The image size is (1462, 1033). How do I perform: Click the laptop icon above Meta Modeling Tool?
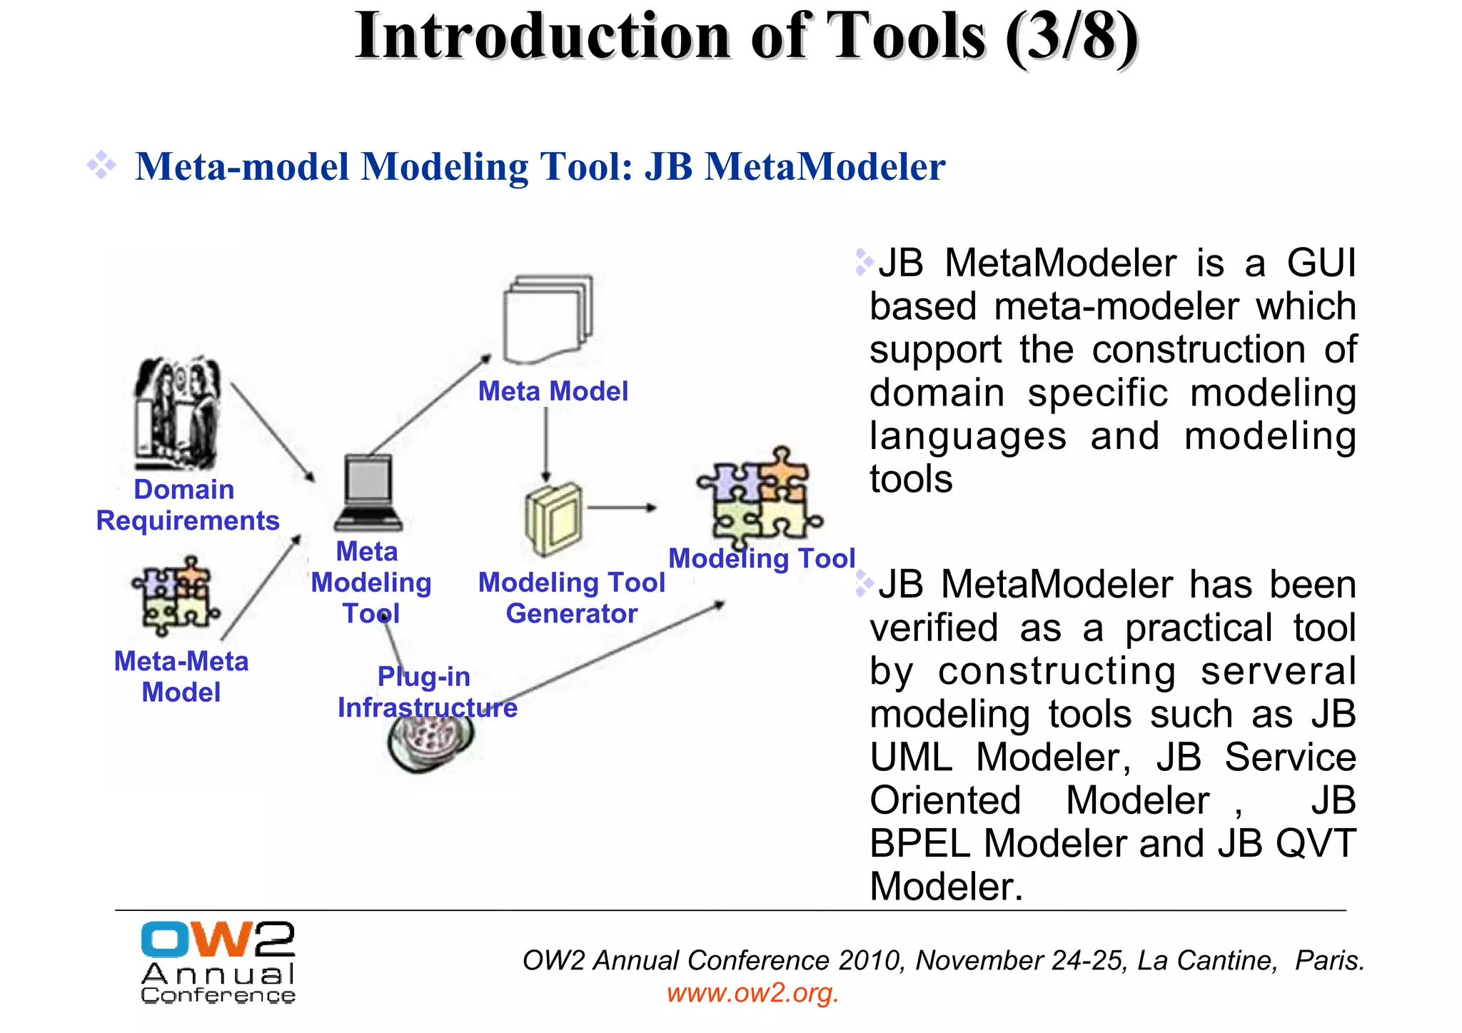[368, 493]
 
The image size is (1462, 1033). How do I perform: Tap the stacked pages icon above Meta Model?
[548, 320]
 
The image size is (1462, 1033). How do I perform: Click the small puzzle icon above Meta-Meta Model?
[176, 597]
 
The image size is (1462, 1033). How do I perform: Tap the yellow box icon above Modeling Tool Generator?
[553, 520]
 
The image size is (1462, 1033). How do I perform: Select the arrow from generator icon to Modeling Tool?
[621, 508]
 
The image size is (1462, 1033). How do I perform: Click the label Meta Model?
[553, 391]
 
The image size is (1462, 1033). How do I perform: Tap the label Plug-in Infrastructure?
[427, 692]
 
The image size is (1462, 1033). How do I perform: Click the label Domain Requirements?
[187, 505]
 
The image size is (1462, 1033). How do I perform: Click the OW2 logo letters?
[218, 939]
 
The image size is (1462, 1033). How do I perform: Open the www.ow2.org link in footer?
[752, 993]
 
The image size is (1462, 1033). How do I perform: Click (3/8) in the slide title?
[1071, 37]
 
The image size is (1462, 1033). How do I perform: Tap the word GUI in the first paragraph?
[1321, 263]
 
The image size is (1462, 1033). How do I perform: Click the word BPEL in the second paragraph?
[919, 844]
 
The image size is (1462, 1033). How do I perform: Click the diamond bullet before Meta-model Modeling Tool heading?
[101, 166]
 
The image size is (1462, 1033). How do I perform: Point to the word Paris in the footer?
[1329, 961]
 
